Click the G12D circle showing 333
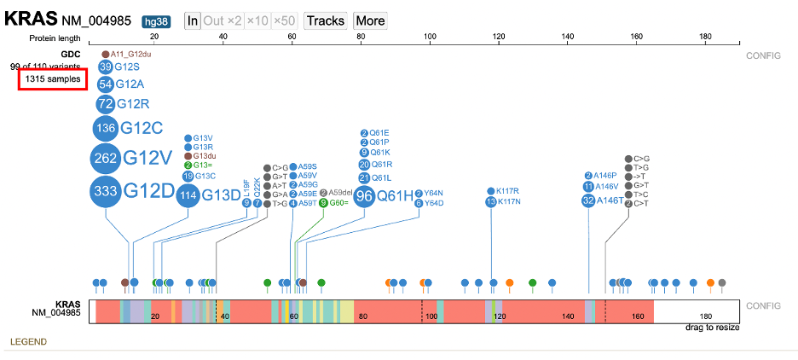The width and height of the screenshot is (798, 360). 106,191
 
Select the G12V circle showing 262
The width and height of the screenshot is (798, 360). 106,159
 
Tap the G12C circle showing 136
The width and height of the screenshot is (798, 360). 106,128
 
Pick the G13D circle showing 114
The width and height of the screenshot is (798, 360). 188,195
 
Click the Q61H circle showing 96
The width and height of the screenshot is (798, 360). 364,196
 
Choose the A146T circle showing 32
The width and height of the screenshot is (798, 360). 588,200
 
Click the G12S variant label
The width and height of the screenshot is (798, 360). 129,67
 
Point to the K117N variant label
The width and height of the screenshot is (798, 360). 509,202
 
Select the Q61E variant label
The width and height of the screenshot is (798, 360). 379,133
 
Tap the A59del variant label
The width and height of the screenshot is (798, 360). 340,193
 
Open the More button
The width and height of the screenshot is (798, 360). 369,20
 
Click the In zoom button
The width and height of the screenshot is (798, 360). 193,20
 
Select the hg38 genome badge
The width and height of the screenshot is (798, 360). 156,20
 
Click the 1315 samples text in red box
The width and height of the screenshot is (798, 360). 53,79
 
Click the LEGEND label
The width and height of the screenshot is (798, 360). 28,342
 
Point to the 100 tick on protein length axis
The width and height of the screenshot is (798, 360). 430,37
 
